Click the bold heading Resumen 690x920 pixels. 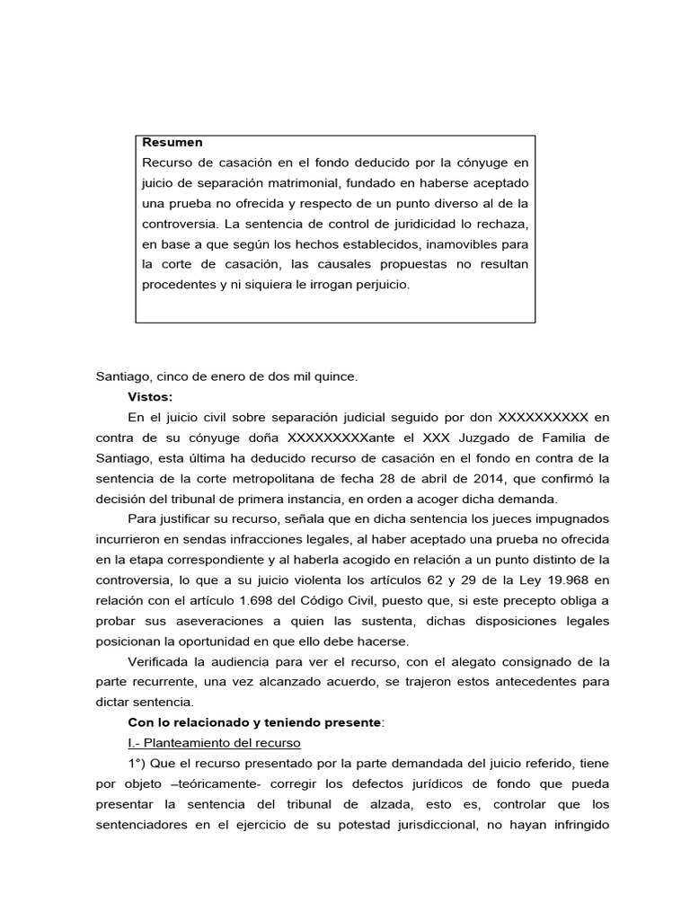[x=172, y=142]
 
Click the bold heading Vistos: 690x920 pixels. [x=150, y=396]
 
